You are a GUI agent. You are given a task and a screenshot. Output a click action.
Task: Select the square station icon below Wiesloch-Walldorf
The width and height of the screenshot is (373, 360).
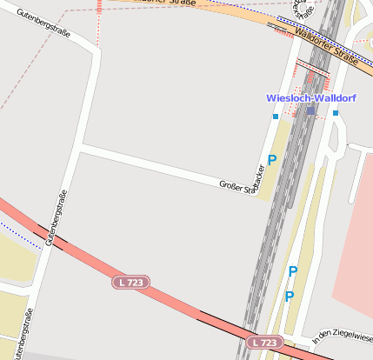(311, 111)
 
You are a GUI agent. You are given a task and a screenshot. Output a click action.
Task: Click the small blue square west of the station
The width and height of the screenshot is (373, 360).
(276, 117)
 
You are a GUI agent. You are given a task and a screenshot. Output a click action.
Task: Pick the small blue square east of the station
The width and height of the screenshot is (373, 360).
(336, 113)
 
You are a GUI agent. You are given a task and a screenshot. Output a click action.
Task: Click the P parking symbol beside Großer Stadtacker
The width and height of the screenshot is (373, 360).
(272, 160)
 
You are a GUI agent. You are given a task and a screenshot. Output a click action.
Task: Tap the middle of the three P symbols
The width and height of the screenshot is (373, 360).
(293, 272)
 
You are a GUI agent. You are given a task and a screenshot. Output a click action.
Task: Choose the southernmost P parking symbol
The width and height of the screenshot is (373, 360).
(290, 297)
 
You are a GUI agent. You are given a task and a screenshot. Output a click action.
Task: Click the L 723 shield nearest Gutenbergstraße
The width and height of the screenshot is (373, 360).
(131, 283)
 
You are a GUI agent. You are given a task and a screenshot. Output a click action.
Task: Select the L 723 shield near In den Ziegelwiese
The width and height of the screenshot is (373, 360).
(263, 343)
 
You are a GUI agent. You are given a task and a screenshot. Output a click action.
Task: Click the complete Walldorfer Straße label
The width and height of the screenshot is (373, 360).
(326, 48)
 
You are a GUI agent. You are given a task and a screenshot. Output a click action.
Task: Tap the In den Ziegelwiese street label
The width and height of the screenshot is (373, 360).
(343, 335)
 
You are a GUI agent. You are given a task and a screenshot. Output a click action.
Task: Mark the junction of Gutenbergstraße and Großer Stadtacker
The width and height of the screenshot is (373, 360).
(80, 150)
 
